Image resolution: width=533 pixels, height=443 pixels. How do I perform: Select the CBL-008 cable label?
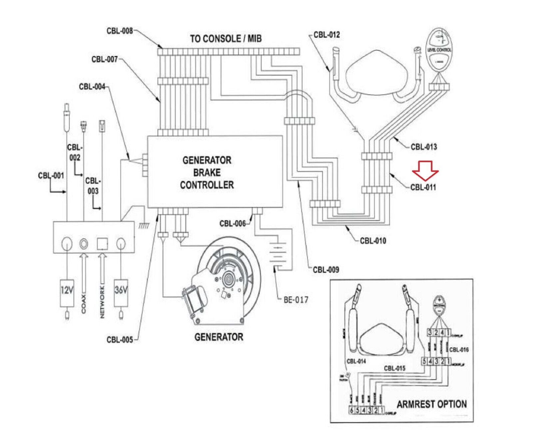tap(120, 31)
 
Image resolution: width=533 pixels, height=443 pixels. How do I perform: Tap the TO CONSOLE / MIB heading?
tap(226, 38)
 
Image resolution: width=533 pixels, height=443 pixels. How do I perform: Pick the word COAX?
tap(83, 304)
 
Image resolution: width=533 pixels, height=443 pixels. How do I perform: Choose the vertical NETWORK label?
tap(102, 302)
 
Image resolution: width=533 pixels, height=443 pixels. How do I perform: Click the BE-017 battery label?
tap(296, 300)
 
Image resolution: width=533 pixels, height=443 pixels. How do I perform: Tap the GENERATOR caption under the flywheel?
tap(219, 337)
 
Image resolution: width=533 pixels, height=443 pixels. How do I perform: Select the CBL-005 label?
tap(120, 340)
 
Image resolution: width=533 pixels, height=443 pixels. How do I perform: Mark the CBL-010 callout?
tap(373, 241)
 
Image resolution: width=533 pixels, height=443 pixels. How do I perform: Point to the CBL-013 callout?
tap(423, 147)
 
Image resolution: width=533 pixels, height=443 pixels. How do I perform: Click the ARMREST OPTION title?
tap(431, 404)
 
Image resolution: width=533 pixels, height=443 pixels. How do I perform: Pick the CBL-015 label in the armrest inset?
tap(394, 368)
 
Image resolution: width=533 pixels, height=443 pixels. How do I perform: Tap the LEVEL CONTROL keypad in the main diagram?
tap(439, 50)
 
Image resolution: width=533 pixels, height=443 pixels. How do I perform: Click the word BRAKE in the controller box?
tap(207, 172)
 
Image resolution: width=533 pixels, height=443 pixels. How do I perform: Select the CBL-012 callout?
tap(326, 35)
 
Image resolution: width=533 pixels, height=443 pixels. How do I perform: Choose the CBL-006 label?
tap(232, 223)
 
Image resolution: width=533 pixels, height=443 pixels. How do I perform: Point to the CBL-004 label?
tap(92, 86)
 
